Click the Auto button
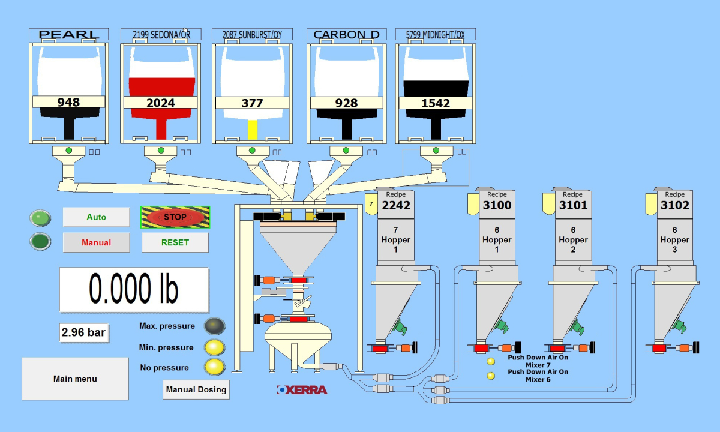pos(96,217)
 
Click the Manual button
pos(96,242)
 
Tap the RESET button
pos(175,242)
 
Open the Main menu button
pos(75,379)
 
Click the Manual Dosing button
pos(196,389)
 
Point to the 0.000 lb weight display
pos(134,290)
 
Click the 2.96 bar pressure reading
pos(84,332)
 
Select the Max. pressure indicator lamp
pos(214,326)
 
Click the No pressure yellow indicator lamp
pos(214,367)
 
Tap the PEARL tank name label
pos(69,35)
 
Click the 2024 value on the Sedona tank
pos(161,103)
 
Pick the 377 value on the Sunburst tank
pos(252,103)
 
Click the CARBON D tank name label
pos(346,35)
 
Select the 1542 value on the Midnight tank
pos(436,103)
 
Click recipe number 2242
pos(396,205)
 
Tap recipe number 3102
pos(676,205)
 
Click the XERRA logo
pos(302,390)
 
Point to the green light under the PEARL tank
pos(68,150)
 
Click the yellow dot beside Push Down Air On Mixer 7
pos(491,361)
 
